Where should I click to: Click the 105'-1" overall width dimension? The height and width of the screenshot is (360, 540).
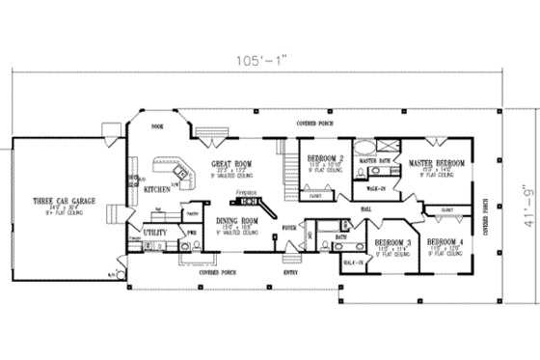pos(267,63)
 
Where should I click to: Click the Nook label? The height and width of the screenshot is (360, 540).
pos(156,127)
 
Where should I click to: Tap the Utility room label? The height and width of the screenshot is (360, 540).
pos(154,233)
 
